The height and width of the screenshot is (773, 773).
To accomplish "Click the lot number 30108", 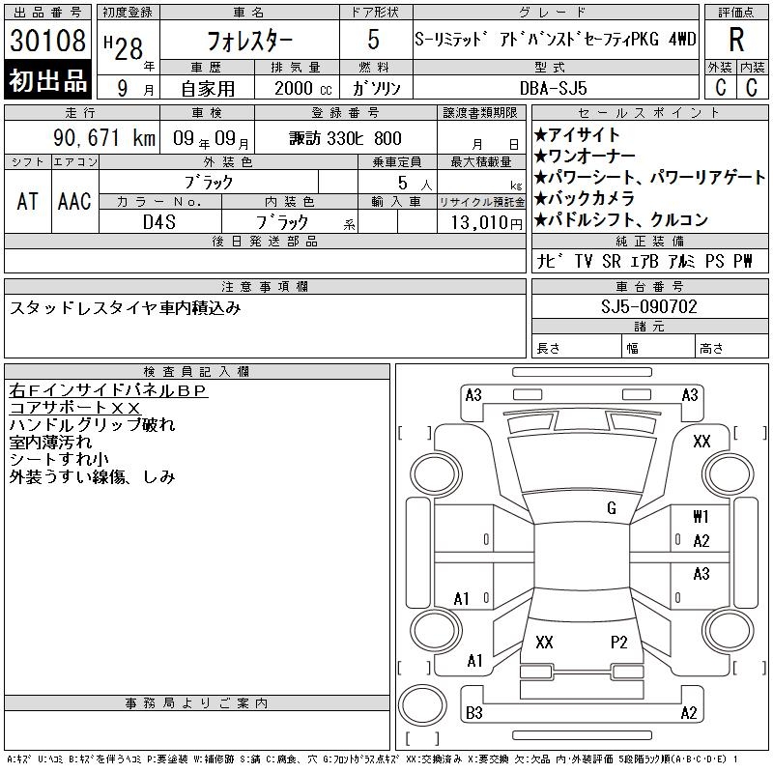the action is [47, 41].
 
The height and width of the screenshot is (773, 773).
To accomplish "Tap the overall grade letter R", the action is [736, 40].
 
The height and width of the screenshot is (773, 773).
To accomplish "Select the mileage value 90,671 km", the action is [104, 138].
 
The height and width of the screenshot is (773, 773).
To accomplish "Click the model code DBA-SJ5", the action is [553, 88].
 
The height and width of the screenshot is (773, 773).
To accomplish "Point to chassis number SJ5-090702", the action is [648, 307].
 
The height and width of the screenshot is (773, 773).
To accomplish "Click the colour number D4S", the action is [159, 222].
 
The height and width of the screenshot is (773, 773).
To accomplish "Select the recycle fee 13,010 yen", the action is [486, 223].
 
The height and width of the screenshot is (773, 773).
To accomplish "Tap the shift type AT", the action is [28, 201].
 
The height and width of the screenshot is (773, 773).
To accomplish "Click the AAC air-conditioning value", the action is [74, 201].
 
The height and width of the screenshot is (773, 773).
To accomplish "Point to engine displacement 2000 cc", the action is [302, 88].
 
